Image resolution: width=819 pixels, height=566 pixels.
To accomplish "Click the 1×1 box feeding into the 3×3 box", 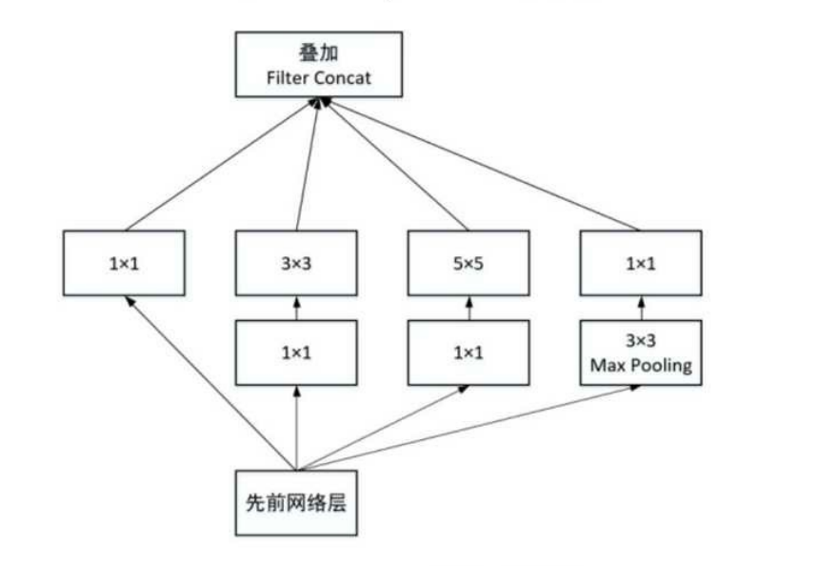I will click(x=296, y=353).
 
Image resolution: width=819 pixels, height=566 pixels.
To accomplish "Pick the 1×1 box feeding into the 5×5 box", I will click(x=468, y=353).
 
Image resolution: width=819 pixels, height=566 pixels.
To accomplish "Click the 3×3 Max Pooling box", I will click(x=640, y=353).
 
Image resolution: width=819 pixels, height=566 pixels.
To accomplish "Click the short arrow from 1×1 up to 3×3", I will click(x=296, y=308).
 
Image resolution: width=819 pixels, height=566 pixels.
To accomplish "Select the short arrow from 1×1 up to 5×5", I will click(x=468, y=308).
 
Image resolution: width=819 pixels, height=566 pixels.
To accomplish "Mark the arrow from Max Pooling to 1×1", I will click(x=640, y=308).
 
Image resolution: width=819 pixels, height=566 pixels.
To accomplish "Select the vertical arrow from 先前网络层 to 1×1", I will click(x=296, y=429).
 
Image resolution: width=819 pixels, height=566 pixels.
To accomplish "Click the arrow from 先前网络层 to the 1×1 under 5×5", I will click(x=381, y=429).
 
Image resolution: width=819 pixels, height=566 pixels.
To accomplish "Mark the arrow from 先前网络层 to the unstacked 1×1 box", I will click(x=210, y=381).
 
